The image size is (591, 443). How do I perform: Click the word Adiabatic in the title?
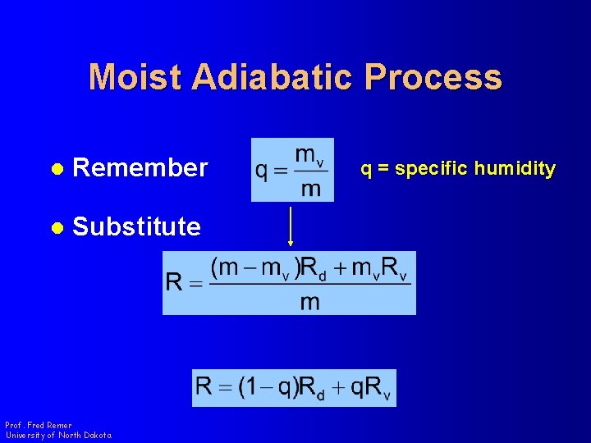pos(273,77)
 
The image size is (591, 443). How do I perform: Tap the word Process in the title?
pos(433,77)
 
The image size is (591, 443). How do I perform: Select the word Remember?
pos(140,168)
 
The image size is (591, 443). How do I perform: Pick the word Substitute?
pos(136,226)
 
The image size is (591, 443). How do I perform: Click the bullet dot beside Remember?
pos(57,169)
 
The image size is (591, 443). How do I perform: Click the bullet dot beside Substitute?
pos(57,227)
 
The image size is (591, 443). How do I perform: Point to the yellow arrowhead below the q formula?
pos(291,242)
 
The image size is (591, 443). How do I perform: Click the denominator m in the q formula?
pos(310,189)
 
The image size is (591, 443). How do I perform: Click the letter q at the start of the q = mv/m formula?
pos(262,171)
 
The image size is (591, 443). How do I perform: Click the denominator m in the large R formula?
pos(309,301)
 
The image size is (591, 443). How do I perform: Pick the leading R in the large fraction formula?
pos(175,283)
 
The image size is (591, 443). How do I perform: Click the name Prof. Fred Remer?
pos(39,425)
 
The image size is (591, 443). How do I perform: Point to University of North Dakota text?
pos(58,435)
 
